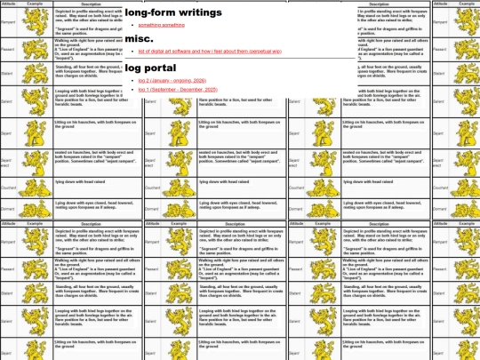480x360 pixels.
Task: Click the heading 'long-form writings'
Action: tap(173, 13)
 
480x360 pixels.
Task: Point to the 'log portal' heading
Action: tap(156, 68)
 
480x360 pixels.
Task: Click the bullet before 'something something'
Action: tap(132, 26)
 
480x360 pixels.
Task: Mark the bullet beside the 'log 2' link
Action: tap(132, 80)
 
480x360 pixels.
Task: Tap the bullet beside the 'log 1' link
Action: tap(132, 90)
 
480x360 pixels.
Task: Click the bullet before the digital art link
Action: tap(132, 53)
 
